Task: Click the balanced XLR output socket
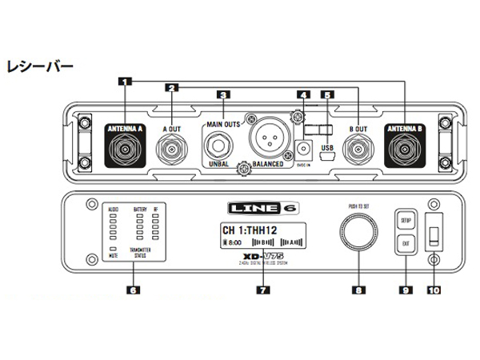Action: click(x=268, y=141)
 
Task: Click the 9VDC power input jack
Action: click(x=302, y=149)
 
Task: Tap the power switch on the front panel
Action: click(x=434, y=235)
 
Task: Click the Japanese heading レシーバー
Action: click(x=39, y=64)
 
